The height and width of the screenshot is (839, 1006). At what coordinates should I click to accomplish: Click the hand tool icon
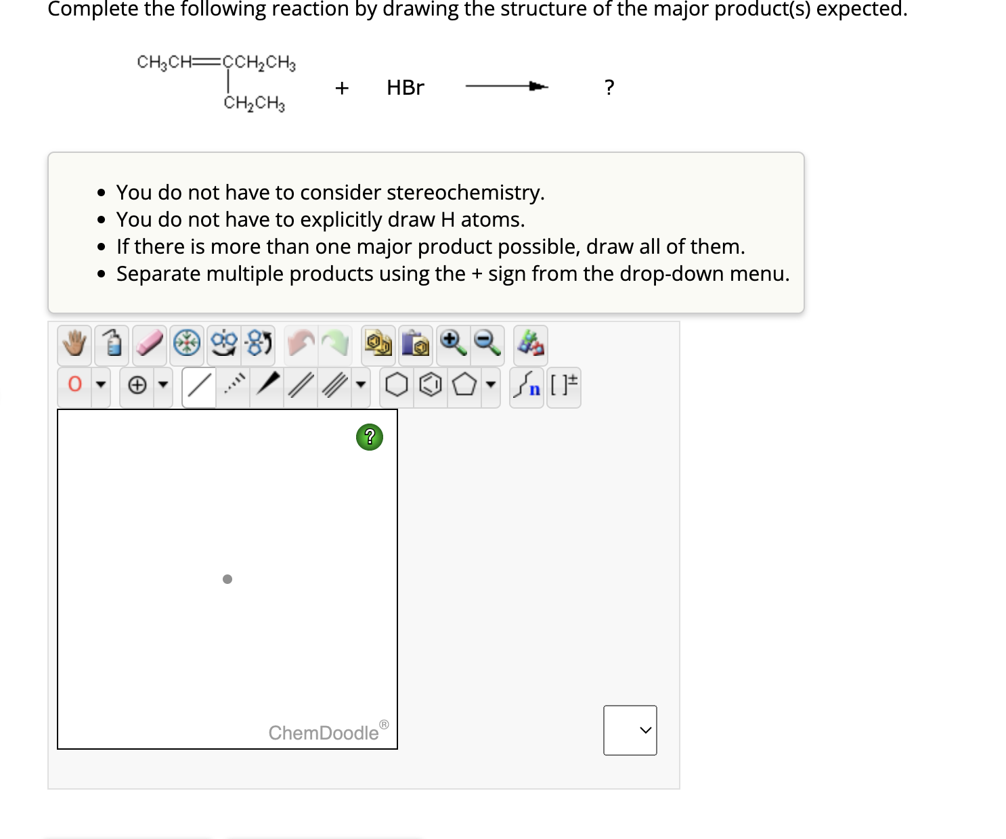[74, 344]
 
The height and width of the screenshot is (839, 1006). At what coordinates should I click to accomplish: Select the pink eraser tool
[150, 344]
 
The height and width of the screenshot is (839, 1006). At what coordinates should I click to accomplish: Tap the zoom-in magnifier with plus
[452, 343]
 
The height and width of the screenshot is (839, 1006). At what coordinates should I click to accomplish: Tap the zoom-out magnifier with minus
[487, 343]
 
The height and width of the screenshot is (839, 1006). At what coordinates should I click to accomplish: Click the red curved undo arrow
[301, 343]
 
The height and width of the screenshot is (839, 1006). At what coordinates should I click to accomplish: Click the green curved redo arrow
[336, 343]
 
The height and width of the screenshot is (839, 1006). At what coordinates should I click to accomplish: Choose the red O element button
[75, 385]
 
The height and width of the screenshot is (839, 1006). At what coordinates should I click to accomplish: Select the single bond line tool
[198, 386]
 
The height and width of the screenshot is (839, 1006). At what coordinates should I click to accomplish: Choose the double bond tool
[300, 386]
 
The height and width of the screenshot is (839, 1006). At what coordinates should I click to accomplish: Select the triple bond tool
[334, 386]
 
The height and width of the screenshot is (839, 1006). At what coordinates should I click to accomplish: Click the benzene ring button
[431, 386]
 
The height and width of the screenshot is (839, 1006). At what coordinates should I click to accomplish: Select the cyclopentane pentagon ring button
[464, 386]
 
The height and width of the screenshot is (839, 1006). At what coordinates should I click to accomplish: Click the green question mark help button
[370, 437]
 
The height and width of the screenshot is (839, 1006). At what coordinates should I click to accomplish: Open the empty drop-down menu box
[630, 730]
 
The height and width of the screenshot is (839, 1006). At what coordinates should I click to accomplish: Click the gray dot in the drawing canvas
[227, 579]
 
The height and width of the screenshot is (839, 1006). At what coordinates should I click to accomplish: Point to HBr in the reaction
[405, 88]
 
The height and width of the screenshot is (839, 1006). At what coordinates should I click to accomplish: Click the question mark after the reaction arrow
[609, 88]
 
